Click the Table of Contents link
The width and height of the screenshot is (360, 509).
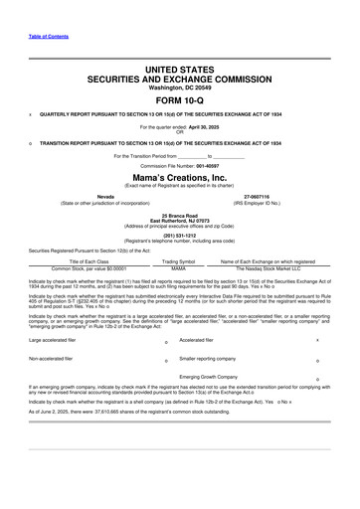click(x=49, y=37)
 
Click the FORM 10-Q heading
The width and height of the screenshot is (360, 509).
click(x=179, y=101)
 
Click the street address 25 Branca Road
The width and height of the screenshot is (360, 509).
click(x=180, y=214)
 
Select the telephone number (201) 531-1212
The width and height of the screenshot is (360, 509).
click(x=179, y=236)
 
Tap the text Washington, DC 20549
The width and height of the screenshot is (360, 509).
click(x=179, y=87)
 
